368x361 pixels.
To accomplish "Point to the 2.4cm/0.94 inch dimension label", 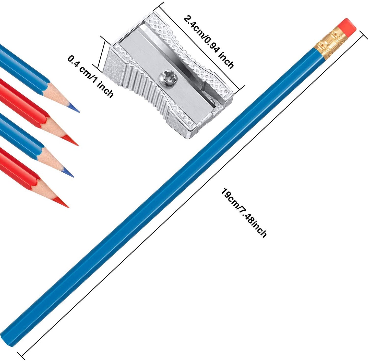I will [x=209, y=42].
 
